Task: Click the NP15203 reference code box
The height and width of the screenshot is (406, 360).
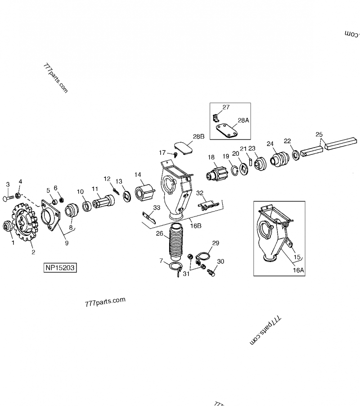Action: [x=60, y=268]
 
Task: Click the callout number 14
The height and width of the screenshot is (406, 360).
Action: [x=137, y=175]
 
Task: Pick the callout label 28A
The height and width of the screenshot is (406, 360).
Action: [x=242, y=121]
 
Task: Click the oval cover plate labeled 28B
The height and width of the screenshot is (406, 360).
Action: [x=183, y=149]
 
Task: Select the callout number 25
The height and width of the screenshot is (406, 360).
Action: [x=319, y=134]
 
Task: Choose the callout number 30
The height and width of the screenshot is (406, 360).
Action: [x=220, y=262]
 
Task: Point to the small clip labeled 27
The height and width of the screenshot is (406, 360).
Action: [x=216, y=118]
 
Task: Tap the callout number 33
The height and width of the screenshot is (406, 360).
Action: [x=156, y=208]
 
